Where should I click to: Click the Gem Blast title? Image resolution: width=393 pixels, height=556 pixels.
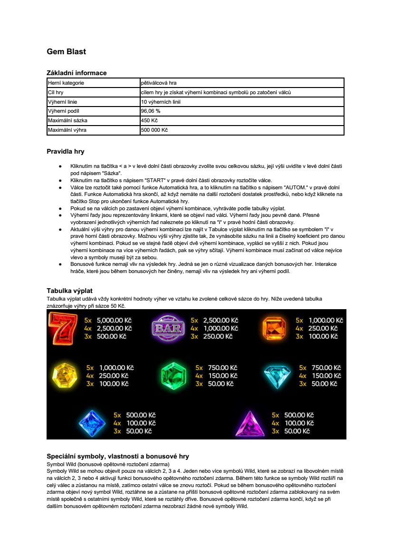click(66, 51)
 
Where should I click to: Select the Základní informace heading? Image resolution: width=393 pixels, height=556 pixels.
click(77, 73)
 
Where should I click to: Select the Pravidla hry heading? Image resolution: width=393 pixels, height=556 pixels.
click(65, 152)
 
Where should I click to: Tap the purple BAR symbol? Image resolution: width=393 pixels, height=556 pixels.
click(168, 328)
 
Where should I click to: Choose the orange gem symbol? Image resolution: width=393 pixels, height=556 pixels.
click(274, 328)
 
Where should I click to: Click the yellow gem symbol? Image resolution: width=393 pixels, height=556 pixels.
click(65, 375)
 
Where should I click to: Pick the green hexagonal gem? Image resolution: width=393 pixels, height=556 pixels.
click(172, 375)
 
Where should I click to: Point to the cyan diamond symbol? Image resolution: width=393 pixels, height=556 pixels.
click(277, 375)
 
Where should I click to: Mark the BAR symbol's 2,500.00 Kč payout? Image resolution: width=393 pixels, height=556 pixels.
click(220, 321)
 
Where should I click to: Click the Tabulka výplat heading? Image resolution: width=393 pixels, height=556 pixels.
click(69, 291)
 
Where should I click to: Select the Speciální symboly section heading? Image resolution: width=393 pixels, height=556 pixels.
click(118, 456)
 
